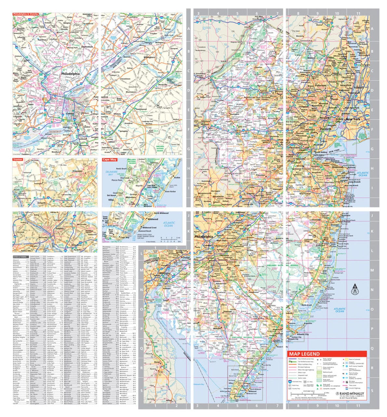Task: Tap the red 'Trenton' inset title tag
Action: (18, 160)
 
